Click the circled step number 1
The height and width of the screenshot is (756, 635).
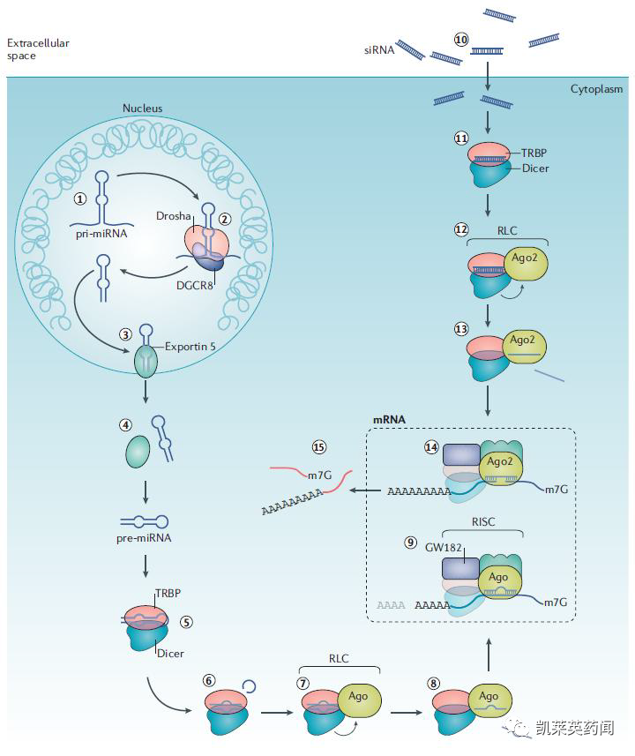(x=80, y=198)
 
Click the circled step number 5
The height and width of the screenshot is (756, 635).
(x=186, y=621)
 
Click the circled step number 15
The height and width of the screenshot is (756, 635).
(x=319, y=447)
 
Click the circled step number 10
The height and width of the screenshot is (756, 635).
(x=459, y=40)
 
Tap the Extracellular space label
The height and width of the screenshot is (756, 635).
(x=38, y=49)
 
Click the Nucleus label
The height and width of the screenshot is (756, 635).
(x=142, y=109)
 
